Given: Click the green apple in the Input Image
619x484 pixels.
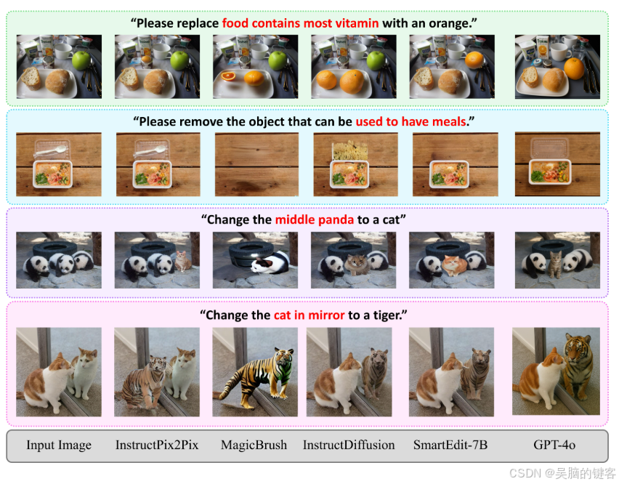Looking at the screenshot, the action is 81,60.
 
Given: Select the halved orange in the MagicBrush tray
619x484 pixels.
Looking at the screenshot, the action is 228,76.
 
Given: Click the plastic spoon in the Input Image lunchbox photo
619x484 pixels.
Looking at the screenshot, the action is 51,151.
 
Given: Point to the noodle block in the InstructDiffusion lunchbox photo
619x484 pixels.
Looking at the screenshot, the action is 349,151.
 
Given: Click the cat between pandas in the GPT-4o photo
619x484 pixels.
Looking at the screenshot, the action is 555,264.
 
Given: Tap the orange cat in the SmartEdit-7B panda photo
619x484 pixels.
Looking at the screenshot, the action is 454,265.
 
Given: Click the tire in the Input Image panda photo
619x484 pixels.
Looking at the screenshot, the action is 54,249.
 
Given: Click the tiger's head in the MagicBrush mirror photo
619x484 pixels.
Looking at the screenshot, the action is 284,358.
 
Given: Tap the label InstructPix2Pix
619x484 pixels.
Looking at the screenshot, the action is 157,445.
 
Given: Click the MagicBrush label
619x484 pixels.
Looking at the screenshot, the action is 254,445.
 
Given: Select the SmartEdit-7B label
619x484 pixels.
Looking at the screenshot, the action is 450,445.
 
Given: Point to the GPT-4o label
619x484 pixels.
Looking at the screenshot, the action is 554,445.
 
